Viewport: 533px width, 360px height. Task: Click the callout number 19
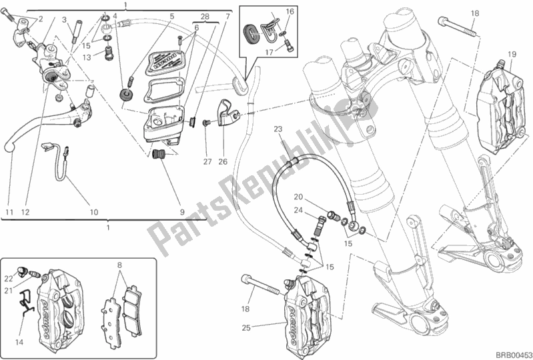(511, 54)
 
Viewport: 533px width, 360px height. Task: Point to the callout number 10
(93, 213)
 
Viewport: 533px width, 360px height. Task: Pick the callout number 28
(205, 16)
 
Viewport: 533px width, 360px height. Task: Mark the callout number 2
(40, 18)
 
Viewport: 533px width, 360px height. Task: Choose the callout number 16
(290, 11)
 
